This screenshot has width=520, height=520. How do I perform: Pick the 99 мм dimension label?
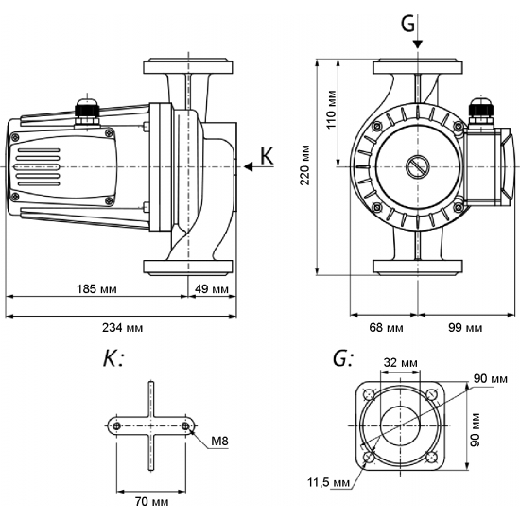(x=463, y=327)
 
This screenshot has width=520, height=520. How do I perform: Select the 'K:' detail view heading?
(x=113, y=359)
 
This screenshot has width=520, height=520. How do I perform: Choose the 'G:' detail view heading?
(x=344, y=359)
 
